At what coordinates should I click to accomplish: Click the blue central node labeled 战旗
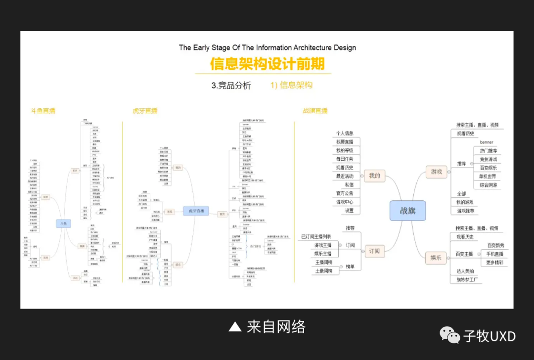click(408, 211)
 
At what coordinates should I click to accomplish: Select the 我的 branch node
click(374, 176)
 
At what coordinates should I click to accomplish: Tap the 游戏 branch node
click(437, 172)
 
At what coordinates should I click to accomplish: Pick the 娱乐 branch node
click(436, 257)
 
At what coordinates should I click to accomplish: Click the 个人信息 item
click(345, 133)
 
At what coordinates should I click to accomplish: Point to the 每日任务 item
click(345, 159)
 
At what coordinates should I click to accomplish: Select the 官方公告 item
click(345, 193)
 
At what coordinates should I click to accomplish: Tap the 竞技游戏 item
click(488, 159)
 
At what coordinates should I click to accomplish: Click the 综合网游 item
click(488, 185)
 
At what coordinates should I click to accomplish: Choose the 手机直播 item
click(494, 254)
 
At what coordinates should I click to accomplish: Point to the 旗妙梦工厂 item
click(466, 280)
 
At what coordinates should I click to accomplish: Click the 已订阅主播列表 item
click(316, 236)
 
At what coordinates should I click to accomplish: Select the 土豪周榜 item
click(324, 271)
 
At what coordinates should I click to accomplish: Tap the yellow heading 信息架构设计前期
click(267, 64)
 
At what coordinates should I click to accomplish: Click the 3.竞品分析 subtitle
click(231, 86)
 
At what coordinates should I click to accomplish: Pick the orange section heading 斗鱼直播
click(43, 111)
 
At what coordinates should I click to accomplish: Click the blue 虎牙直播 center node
click(196, 211)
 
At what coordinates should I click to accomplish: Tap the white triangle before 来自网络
click(235, 327)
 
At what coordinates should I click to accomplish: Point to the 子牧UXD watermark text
click(489, 336)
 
